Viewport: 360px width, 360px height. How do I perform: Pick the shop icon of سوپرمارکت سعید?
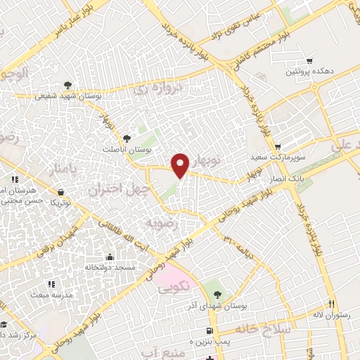pos(278,147)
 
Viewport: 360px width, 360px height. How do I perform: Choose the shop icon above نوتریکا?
pos(61,191)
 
